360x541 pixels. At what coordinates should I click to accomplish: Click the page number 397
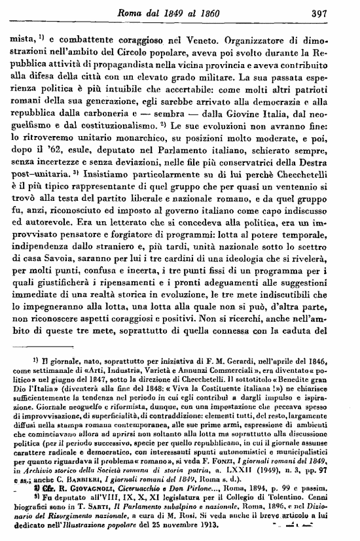click(335, 11)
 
